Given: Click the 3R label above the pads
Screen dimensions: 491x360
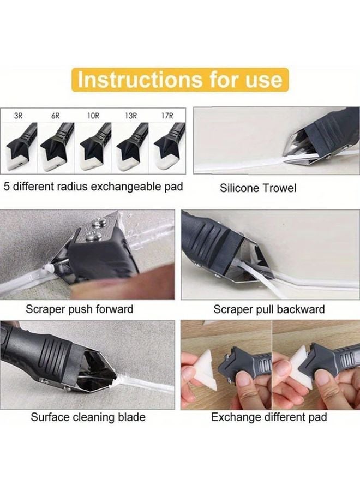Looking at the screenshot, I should click(19, 116).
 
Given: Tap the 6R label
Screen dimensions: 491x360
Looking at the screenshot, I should click(55, 116).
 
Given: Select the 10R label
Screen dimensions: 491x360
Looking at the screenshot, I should click(93, 116).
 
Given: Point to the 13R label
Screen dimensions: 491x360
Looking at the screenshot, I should click(130, 116).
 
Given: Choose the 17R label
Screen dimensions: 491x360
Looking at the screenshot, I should click(167, 116).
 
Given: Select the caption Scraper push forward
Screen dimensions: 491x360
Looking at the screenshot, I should click(80, 309).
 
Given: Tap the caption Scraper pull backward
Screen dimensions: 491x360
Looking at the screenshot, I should click(269, 309).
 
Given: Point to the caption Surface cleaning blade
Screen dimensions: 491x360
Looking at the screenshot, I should click(88, 417).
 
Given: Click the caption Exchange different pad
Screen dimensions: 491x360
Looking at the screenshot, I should click(269, 417).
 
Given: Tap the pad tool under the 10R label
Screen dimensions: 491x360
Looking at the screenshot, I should click(94, 145).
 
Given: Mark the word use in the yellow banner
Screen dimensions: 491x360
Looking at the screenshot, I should click(264, 80).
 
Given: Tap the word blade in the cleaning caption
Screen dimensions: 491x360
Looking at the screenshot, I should click(131, 417).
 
